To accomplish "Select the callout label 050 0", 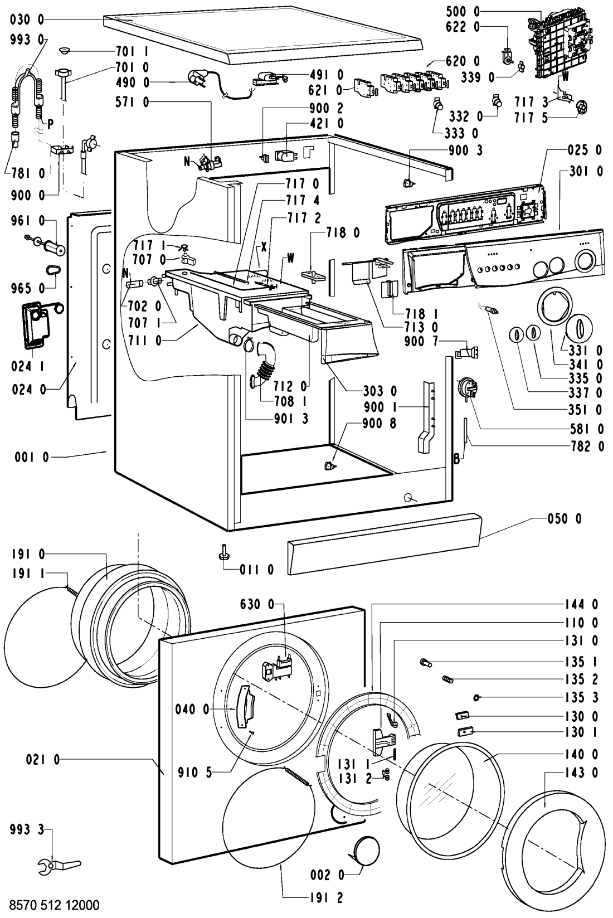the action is click(x=565, y=519).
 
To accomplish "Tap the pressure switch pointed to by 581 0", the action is click(x=467, y=388).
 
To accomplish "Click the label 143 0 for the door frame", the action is click(x=581, y=773).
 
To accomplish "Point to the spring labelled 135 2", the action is click(x=448, y=679).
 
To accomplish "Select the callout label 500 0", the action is click(x=463, y=12).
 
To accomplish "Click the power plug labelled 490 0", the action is click(x=197, y=78).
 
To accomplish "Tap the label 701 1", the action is click(x=132, y=52).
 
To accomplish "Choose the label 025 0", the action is click(x=585, y=150).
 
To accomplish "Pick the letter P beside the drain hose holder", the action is click(x=50, y=125).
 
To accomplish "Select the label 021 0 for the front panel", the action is click(x=43, y=759).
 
